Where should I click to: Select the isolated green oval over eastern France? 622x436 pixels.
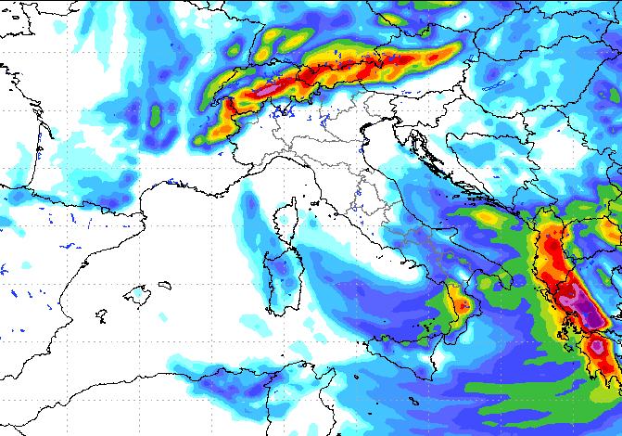(156, 114)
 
